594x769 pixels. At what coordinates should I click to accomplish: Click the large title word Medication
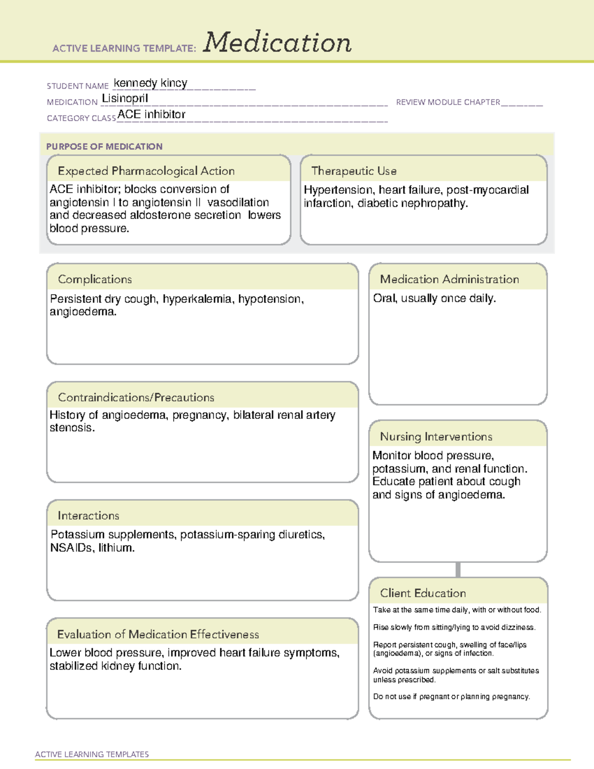(277, 43)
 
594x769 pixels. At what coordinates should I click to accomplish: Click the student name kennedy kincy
(150, 83)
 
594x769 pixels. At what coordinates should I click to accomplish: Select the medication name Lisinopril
(125, 99)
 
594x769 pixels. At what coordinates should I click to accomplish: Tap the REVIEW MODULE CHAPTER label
(448, 102)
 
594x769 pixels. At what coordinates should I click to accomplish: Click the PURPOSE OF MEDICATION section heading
(104, 147)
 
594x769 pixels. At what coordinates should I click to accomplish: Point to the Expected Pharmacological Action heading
(146, 171)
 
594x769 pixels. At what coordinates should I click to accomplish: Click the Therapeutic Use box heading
(354, 171)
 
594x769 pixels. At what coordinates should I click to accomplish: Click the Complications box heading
(95, 279)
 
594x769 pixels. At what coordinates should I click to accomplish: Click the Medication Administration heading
(449, 279)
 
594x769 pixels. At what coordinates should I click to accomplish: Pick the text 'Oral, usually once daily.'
(434, 299)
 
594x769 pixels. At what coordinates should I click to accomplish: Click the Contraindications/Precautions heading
(136, 398)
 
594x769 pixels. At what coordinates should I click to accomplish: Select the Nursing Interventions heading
(436, 437)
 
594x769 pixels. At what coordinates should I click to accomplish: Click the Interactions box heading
(89, 516)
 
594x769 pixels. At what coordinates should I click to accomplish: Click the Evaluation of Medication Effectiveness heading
(158, 634)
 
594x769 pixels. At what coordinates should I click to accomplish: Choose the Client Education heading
(423, 593)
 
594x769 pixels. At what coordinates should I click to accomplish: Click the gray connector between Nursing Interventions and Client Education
(458, 570)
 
